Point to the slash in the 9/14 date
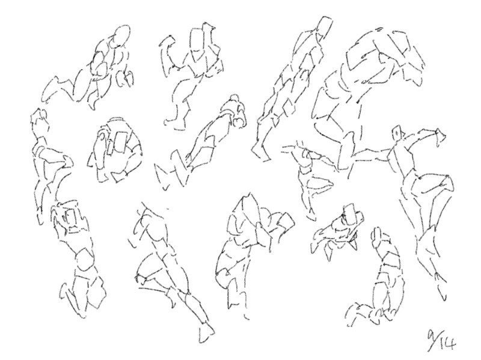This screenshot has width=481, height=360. click(435, 343)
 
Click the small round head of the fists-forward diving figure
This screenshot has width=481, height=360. click(235, 100)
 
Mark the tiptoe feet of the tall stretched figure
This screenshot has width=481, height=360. click(261, 152)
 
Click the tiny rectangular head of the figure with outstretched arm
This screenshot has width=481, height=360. click(398, 133)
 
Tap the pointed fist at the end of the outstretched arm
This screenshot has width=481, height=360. click(441, 134)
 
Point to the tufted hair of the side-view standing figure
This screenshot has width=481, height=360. click(38, 117)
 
